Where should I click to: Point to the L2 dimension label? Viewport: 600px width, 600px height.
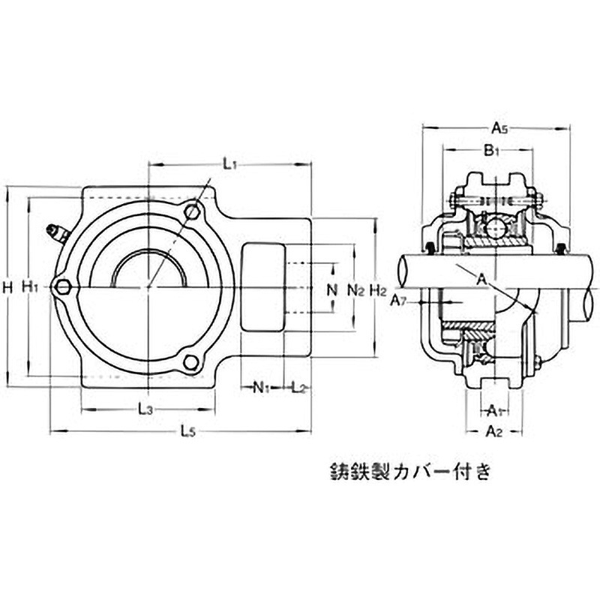[x=298, y=388]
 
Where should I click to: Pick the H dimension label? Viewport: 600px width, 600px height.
[x=7, y=286]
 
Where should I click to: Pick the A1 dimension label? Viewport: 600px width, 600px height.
[x=493, y=409]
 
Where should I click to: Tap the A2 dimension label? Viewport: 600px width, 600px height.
[x=493, y=430]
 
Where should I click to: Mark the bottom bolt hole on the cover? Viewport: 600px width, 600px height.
[x=192, y=363]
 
